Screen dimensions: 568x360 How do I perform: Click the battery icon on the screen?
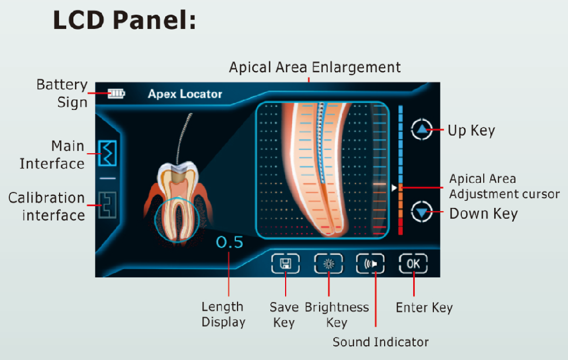click(x=116, y=94)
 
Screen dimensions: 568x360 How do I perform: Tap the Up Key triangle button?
click(x=422, y=129)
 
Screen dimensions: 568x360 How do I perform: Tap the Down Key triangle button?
click(x=422, y=212)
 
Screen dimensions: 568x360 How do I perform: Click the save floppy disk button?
click(x=286, y=264)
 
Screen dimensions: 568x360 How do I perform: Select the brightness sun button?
click(x=328, y=264)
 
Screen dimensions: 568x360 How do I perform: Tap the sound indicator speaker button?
click(x=370, y=264)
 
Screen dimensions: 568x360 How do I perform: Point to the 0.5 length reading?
click(x=230, y=242)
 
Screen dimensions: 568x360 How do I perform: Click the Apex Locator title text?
click(x=185, y=94)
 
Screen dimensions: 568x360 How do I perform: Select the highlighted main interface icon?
click(x=108, y=153)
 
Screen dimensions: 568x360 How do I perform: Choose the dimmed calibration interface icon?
click(x=108, y=205)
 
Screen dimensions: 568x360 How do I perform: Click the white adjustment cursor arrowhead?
click(x=394, y=188)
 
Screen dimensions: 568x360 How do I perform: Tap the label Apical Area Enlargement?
click(x=315, y=67)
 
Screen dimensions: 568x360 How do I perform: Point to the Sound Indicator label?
click(x=381, y=342)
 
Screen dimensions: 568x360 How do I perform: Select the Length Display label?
click(x=223, y=315)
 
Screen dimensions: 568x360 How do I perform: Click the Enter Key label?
click(x=424, y=308)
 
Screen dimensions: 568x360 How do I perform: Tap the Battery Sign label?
click(x=62, y=94)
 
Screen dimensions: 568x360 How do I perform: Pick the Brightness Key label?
click(x=337, y=315)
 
